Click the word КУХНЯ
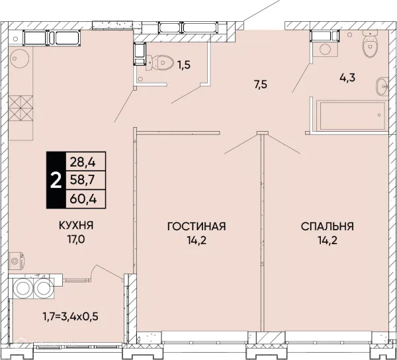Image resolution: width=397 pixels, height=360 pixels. [x=76, y=225]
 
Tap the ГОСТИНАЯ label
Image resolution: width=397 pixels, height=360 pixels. [x=197, y=226]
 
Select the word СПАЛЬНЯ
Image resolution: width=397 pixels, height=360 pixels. [x=328, y=226]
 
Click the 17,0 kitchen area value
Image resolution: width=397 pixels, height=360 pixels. [x=76, y=239]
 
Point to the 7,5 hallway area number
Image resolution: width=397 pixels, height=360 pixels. [x=261, y=84]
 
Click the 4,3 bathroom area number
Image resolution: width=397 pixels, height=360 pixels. [x=347, y=77]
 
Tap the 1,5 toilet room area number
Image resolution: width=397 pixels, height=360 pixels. [x=183, y=65]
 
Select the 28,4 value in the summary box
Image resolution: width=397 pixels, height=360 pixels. [x=83, y=162]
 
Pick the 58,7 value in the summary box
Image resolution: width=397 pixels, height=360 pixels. [x=82, y=180]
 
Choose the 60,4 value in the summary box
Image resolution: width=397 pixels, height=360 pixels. [x=83, y=199]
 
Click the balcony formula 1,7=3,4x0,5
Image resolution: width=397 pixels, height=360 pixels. [x=70, y=316]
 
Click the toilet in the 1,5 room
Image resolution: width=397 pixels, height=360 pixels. [x=159, y=62]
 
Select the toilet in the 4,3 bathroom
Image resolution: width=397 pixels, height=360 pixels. [x=370, y=44]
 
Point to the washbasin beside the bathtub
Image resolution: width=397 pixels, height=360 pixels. [x=382, y=86]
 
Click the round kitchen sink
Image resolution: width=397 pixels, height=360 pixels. [x=19, y=58]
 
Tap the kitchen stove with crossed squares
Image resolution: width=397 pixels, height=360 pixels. [x=21, y=108]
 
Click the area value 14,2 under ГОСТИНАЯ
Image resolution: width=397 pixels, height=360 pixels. [x=197, y=240]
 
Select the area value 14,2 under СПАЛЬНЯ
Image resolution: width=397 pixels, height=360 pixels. [x=328, y=240]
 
